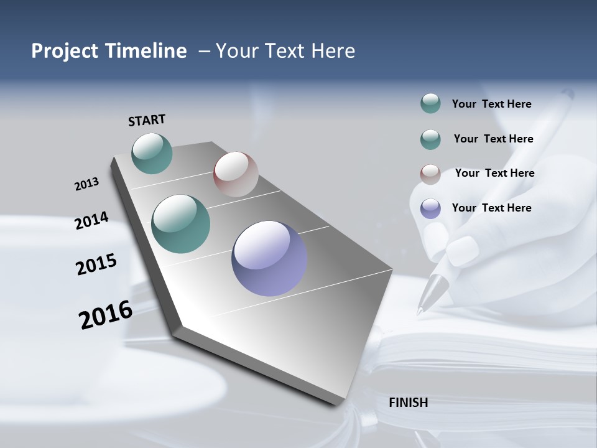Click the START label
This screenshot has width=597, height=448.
(147, 120)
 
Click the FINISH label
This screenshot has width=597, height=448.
(408, 403)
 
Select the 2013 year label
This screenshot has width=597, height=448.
(86, 184)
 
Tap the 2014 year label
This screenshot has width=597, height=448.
(91, 220)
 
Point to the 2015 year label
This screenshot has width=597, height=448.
(96, 264)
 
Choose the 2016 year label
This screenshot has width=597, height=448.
(106, 315)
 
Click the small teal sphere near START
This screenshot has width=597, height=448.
(152, 153)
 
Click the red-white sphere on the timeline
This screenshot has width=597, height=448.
(236, 174)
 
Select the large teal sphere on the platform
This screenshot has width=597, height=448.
(181, 224)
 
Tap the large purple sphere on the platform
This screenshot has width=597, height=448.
(269, 258)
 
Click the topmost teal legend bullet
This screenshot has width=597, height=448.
(430, 104)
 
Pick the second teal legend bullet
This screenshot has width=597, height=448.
(430, 139)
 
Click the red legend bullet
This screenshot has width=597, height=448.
(430, 174)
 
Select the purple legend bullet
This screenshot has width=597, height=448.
(430, 208)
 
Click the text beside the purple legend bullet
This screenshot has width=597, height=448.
(491, 208)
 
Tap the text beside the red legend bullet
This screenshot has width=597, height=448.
(494, 173)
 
